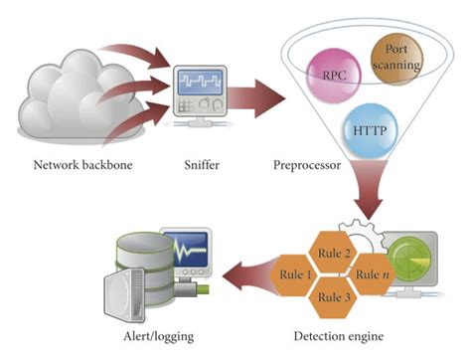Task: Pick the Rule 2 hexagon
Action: [x=334, y=253]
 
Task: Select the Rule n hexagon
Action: [x=374, y=273]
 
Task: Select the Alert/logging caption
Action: [x=149, y=337]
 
